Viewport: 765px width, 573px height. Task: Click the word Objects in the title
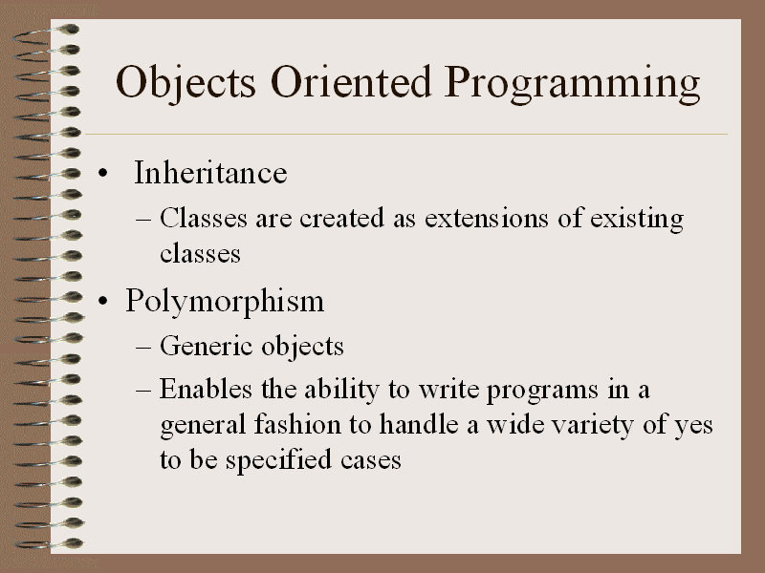pos(186,83)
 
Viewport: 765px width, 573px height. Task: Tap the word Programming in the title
pos(573,84)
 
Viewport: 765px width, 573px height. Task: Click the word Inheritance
pos(210,173)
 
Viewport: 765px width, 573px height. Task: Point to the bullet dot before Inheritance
pos(102,173)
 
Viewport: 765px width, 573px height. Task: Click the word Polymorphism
pos(225,302)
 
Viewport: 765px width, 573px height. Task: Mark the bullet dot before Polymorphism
pos(102,301)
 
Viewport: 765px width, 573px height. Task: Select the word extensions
pos(487,218)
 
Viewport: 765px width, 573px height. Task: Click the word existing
pos(637,220)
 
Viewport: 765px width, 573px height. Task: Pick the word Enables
pos(206,389)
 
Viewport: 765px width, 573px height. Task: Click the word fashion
pos(297,424)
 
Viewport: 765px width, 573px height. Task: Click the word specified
pos(278,461)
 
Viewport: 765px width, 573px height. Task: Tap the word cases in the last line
pos(371,461)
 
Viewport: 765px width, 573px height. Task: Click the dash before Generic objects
pos(143,348)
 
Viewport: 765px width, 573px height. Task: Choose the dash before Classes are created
pos(143,220)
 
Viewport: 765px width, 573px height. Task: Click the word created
pos(341,218)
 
